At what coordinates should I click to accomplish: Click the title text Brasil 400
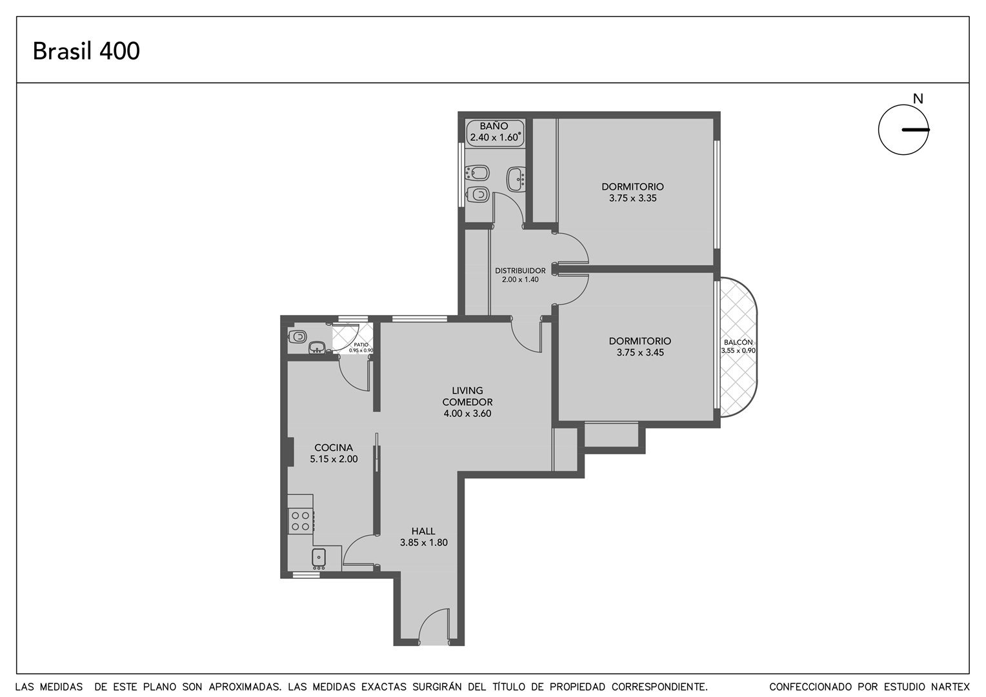[86, 51]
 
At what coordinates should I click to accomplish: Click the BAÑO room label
[494, 126]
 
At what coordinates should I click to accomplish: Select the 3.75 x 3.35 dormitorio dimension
[632, 198]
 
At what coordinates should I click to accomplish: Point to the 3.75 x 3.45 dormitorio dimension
[640, 352]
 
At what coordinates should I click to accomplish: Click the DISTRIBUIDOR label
[520, 271]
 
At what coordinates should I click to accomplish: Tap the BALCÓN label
[738, 342]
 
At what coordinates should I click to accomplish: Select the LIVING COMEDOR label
[467, 396]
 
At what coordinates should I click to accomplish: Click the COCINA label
[334, 448]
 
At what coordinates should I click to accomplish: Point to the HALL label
[423, 531]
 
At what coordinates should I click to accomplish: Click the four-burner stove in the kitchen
[301, 521]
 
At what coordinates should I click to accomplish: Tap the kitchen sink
[319, 558]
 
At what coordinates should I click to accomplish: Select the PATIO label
[361, 345]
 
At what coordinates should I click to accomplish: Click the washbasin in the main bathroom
[517, 179]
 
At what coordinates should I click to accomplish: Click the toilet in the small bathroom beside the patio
[297, 337]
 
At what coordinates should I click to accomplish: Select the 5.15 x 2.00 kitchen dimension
[334, 460]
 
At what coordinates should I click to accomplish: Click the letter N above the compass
[918, 99]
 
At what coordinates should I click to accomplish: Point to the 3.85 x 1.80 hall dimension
[423, 543]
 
